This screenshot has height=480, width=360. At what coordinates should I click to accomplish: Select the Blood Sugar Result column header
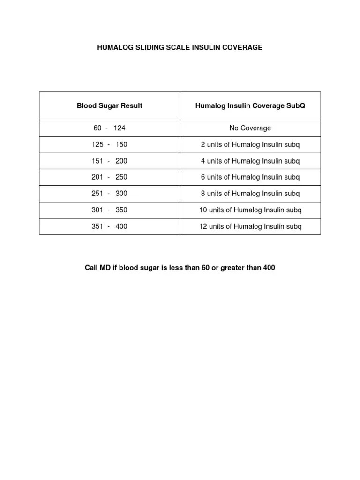[109, 106]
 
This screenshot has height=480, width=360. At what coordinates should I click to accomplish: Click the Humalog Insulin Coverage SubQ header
[250, 106]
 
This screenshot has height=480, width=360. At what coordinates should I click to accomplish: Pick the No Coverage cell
[250, 128]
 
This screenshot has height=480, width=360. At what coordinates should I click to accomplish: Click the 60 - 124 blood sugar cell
[109, 128]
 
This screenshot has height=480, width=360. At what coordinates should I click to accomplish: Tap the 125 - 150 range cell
[109, 144]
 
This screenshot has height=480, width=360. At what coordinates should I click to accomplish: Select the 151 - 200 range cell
[109, 161]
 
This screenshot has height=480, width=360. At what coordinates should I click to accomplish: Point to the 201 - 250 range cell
[109, 177]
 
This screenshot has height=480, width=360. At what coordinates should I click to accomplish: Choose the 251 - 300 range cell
[109, 194]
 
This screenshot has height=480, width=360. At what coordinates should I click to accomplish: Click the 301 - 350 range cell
[109, 210]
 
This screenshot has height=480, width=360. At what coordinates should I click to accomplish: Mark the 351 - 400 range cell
[109, 226]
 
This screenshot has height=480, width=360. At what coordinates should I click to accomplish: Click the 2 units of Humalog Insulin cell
[250, 144]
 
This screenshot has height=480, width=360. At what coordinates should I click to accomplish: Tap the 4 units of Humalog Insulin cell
[250, 161]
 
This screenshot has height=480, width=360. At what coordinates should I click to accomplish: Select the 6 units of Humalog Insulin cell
[250, 177]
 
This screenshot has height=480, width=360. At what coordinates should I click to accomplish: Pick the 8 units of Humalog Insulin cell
[250, 194]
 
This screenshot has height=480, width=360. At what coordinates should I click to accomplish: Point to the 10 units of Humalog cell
[250, 210]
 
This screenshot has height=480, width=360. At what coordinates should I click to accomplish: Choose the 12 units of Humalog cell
[250, 226]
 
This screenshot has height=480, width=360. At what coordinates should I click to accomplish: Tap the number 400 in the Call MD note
[269, 268]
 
